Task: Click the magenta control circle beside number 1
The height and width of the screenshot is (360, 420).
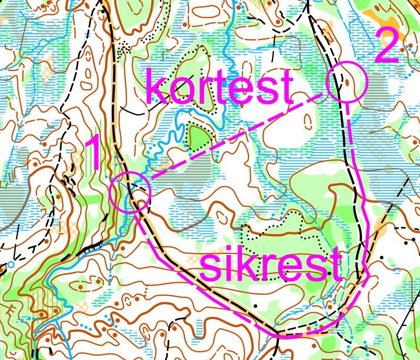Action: pos(131,192)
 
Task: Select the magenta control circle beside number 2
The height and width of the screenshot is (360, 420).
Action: pos(346,81)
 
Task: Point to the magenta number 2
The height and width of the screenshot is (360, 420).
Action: pos(387,50)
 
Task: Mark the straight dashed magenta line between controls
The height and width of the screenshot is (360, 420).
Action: pos(236,136)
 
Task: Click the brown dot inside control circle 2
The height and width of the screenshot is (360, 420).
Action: pos(346,82)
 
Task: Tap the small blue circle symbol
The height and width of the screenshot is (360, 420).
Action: pos(10,266)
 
